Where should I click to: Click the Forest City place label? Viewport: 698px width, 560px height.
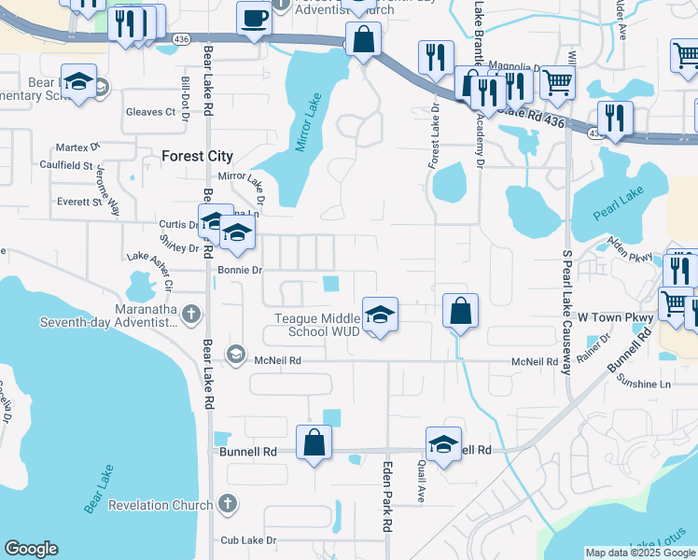pyautogui.click(x=197, y=156)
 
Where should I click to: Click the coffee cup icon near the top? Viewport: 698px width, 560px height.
pyautogui.click(x=253, y=18)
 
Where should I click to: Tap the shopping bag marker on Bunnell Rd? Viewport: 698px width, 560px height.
pyautogui.click(x=314, y=442)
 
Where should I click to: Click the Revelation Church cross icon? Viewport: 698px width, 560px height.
pyautogui.click(x=226, y=505)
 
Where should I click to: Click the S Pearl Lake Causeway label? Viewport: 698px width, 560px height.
pyautogui.click(x=565, y=312)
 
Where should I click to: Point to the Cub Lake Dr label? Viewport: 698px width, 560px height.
pyautogui.click(x=249, y=540)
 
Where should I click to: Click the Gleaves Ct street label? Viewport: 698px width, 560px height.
pyautogui.click(x=150, y=112)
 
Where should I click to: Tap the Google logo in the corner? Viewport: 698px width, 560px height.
pyautogui.click(x=31, y=549)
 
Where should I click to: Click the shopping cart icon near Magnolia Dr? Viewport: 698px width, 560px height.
pyautogui.click(x=557, y=81)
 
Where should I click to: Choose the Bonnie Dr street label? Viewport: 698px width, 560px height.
pyautogui.click(x=240, y=270)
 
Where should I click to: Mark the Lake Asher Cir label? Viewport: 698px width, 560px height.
pyautogui.click(x=151, y=258)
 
